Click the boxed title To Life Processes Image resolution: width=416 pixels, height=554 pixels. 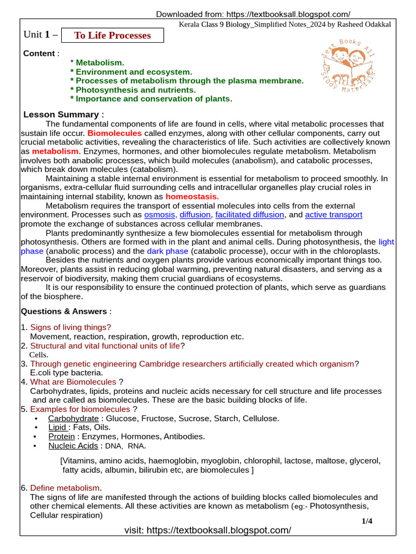[112, 36]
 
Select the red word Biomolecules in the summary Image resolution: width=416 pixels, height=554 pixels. [115, 133]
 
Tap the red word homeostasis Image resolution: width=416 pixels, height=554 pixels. [192, 196]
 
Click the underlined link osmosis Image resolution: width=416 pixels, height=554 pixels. [160, 215]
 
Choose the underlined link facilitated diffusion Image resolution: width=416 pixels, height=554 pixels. [250, 215]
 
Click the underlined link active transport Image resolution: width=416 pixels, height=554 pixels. [334, 215]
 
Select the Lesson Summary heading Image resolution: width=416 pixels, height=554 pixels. [61, 114]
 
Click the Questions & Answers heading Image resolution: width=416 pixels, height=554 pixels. [64, 311]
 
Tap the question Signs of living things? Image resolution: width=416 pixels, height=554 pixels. [70, 327]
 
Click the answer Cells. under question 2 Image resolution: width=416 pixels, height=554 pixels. [38, 355]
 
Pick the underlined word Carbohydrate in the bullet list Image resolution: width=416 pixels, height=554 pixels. [73, 418]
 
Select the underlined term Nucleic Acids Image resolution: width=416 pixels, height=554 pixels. [73, 446]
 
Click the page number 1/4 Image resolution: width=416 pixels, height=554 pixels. [367, 521]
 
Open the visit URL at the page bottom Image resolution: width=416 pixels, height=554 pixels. [207, 530]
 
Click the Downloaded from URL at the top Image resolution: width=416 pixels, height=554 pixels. [253, 14]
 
